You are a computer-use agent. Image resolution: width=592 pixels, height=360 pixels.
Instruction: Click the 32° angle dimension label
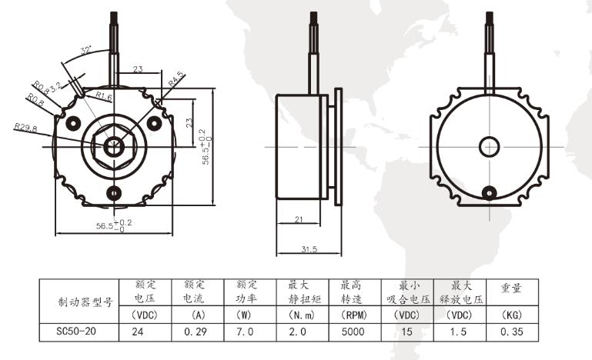[86, 50]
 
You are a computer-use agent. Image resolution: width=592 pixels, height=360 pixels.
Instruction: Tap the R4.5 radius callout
[176, 79]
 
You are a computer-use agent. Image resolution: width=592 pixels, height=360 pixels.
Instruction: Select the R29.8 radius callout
[25, 127]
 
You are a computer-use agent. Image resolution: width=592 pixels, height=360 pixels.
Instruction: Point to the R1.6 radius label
[104, 96]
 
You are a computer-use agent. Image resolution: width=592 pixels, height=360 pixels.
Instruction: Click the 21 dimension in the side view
[299, 219]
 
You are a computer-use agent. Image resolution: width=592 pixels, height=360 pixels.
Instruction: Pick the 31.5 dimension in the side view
[309, 249]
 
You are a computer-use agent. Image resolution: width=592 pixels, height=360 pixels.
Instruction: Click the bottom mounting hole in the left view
[114, 193]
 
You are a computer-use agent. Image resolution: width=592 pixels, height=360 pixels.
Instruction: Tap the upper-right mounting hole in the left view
[155, 123]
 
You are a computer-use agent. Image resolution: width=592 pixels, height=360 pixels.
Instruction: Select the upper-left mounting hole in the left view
[74, 123]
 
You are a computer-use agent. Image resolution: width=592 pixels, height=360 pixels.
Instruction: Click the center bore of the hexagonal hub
[114, 146]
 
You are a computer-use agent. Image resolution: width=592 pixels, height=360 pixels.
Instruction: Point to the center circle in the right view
[490, 147]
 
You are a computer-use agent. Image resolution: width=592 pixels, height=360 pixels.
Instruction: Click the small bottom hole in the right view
[490, 193]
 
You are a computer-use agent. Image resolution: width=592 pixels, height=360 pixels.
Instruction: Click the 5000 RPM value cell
[353, 332]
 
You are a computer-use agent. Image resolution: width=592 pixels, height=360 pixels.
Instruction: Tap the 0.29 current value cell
[196, 332]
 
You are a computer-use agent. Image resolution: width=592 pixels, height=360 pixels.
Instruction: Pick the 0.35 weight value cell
[512, 332]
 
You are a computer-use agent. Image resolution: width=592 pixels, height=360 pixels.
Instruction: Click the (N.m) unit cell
[301, 315]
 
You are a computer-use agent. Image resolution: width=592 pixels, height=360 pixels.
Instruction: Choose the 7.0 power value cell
[245, 332]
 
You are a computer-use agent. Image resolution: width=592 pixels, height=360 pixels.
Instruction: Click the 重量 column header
[511, 288]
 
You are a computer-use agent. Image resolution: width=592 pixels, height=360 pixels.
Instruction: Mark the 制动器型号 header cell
[85, 302]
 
